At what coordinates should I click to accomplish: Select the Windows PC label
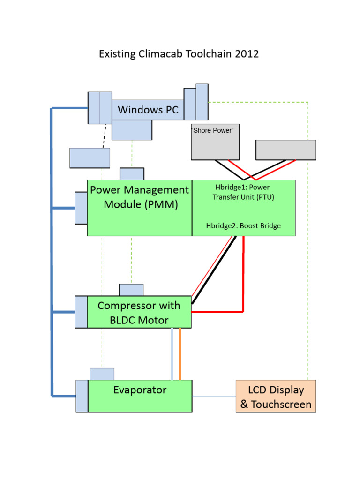[x=148, y=110]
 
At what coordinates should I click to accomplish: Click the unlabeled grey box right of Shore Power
[x=285, y=150]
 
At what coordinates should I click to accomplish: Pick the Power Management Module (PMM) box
[x=140, y=207]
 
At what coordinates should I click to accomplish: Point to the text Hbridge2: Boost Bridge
[x=243, y=226]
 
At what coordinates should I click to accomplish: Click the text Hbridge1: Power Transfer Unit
[x=243, y=192]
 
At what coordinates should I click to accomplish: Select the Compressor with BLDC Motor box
[x=139, y=312]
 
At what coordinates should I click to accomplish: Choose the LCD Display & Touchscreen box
[x=276, y=397]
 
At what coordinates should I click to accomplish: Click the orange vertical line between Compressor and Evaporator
[x=180, y=354]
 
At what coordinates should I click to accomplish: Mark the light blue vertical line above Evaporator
[x=172, y=354]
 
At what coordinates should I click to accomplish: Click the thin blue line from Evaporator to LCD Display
[x=213, y=396]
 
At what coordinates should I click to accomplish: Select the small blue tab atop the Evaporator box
[x=102, y=374]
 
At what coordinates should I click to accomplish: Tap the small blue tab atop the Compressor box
[x=131, y=290]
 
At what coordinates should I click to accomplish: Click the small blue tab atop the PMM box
[x=132, y=173]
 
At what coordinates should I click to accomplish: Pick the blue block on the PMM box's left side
[x=81, y=208]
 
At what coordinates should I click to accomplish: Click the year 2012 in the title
[x=248, y=54]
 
